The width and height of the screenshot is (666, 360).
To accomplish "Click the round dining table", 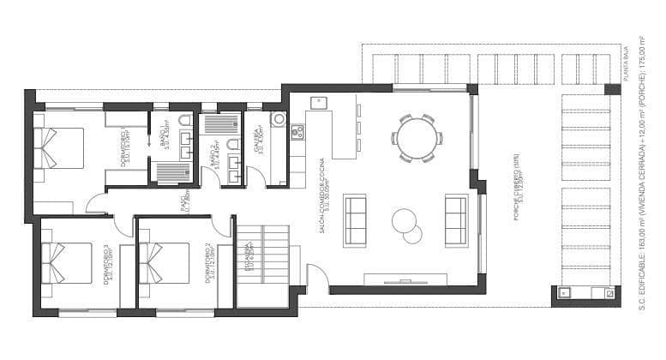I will click(x=417, y=137).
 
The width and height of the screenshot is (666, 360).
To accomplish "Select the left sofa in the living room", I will click(x=355, y=219).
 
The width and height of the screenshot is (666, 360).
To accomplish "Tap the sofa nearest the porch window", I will click(x=456, y=219).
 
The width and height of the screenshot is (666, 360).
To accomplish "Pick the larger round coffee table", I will click(x=404, y=220).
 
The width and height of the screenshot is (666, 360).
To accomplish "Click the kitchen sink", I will click(x=317, y=104).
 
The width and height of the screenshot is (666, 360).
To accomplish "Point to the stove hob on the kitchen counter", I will click(x=297, y=132).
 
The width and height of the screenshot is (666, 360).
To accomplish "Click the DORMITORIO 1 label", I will click(x=125, y=146).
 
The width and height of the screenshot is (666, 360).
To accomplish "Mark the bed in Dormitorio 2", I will click(x=165, y=262).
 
